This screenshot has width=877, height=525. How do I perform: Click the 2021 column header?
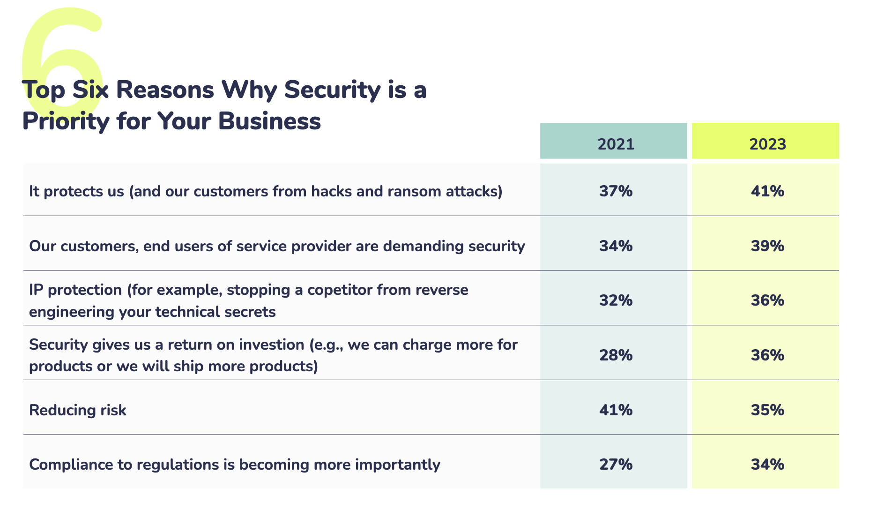pos(616,143)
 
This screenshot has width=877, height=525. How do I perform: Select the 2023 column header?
pos(767,143)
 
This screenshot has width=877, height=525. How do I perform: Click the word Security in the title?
pos(332,90)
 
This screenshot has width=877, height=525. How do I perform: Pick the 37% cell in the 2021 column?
pos(616,191)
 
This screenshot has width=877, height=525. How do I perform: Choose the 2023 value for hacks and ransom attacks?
pos(767,191)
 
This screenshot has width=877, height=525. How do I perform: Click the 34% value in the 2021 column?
pos(616,246)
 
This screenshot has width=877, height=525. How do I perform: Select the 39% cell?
pos(767,246)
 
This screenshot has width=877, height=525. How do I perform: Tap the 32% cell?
pos(616,300)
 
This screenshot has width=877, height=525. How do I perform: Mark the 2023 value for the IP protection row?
pos(767,300)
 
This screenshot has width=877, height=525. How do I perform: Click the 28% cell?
pos(616,355)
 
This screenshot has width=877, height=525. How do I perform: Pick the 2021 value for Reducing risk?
pos(616,410)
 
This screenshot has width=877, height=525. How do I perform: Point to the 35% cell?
pos(767,410)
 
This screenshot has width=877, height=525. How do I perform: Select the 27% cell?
pos(616,465)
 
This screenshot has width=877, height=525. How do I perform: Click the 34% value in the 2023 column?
pos(767,465)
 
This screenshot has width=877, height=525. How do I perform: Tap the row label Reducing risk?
pos(78,410)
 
